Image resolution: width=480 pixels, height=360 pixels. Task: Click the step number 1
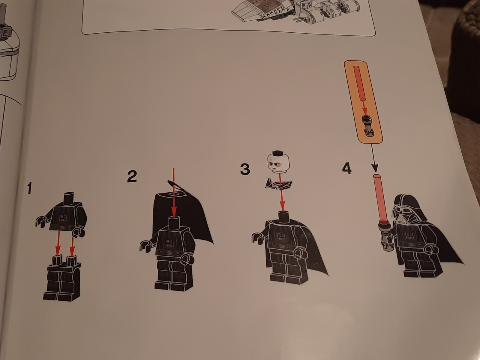29,188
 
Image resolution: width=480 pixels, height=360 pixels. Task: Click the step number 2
132,176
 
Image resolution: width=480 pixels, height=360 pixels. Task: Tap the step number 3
245,169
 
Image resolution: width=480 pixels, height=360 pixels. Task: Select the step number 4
346,169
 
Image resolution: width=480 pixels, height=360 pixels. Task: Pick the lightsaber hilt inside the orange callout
367,125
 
